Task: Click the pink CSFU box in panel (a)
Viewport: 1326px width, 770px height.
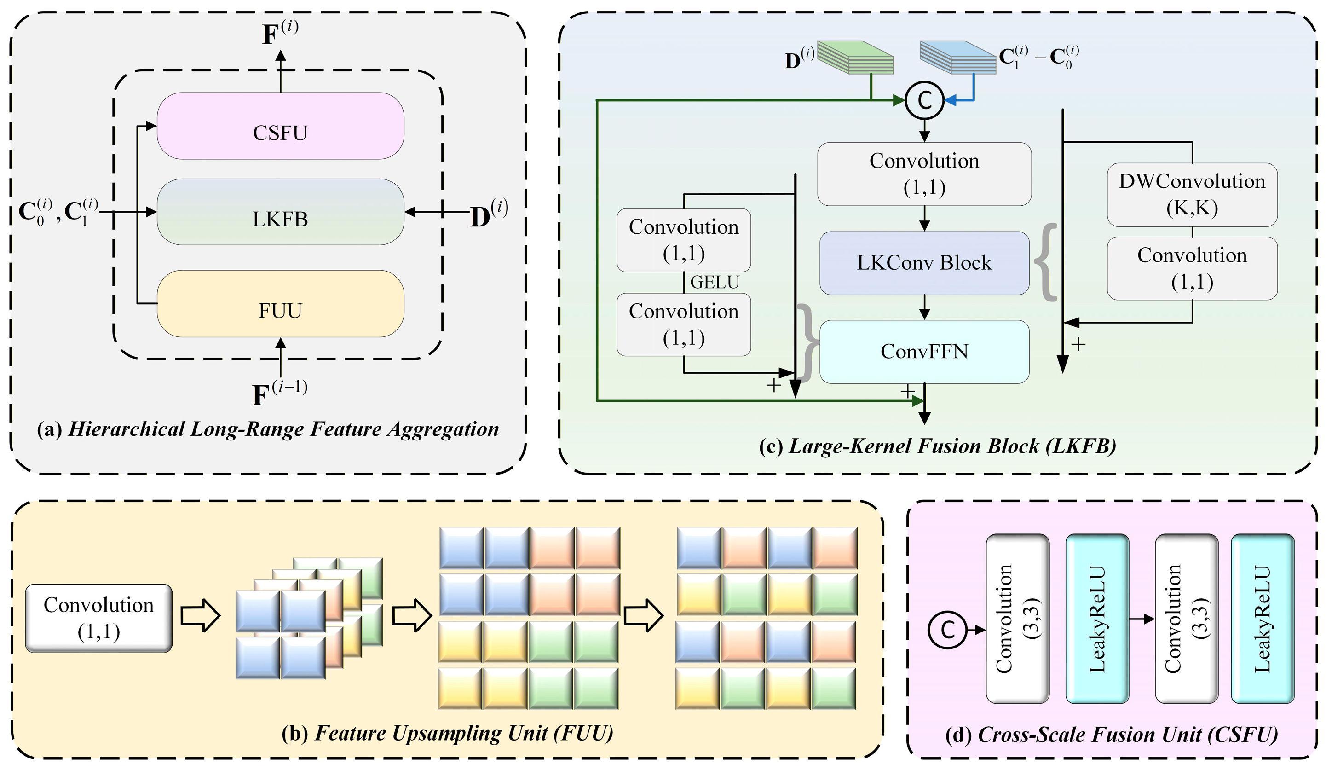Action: (281, 126)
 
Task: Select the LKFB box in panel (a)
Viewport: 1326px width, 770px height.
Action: (281, 212)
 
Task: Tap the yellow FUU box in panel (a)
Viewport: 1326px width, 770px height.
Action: (281, 304)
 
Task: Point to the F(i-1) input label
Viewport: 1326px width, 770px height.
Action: (279, 393)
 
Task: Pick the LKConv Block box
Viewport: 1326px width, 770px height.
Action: (924, 263)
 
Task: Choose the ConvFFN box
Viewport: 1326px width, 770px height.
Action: (924, 352)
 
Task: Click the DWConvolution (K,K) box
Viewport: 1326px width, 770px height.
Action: (1192, 195)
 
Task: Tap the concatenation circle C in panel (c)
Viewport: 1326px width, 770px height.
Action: (924, 100)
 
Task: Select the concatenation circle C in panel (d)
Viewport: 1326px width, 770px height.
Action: (947, 630)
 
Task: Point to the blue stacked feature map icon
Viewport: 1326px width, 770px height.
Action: (957, 57)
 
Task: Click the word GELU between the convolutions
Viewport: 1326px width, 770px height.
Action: (715, 283)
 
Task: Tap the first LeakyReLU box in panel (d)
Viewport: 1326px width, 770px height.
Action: (1097, 619)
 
